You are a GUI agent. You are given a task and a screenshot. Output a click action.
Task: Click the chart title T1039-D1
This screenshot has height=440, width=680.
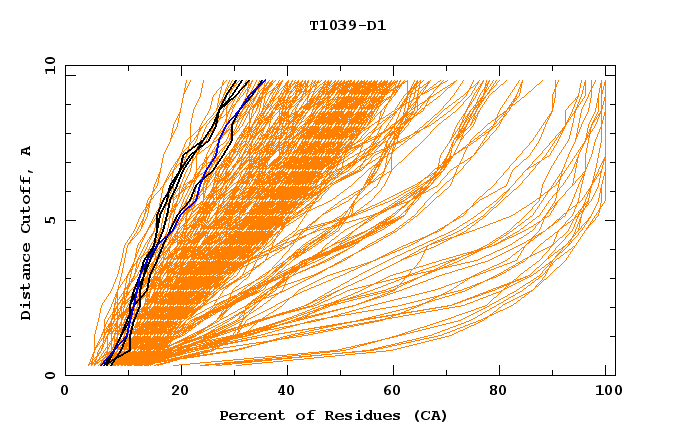point(347,26)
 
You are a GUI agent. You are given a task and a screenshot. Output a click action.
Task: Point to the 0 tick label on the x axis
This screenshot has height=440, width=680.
point(65,391)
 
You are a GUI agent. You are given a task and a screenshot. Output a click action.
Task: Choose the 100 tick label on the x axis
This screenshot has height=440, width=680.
point(606,391)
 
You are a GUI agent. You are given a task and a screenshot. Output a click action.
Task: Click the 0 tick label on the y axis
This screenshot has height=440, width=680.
point(50,376)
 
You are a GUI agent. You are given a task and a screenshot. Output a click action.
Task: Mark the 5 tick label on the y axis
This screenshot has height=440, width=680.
point(50,220)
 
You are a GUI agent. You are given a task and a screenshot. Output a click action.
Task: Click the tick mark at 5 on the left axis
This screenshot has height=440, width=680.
point(68,220)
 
